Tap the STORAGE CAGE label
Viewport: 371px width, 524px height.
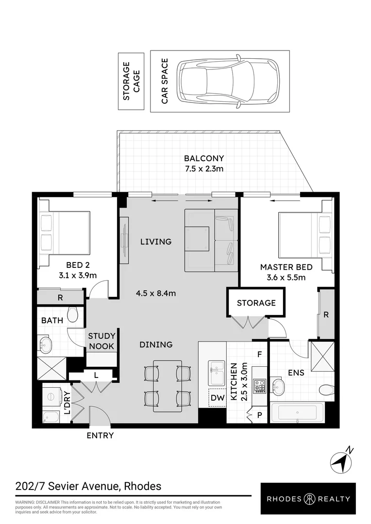tap(131, 81)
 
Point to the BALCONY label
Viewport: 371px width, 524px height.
tap(204, 158)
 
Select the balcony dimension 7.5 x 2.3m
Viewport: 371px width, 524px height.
tap(204, 169)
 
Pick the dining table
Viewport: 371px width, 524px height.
tap(168, 386)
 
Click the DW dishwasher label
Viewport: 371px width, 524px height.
tap(218, 398)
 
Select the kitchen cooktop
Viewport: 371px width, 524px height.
tap(259, 386)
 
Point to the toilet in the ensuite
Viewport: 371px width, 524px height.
tap(327, 390)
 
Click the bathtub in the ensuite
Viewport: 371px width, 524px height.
tap(297, 413)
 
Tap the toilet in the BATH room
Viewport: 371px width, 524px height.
tap(72, 314)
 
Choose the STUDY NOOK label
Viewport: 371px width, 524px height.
tap(101, 341)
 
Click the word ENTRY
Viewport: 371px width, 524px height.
tap(101, 435)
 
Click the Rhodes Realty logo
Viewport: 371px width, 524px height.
tap(308, 499)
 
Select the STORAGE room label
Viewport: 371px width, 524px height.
tap(256, 303)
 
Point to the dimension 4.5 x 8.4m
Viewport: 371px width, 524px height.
tap(156, 294)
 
